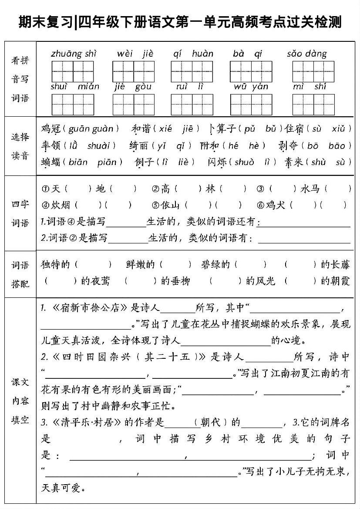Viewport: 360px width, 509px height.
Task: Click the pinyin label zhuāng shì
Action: click(x=74, y=54)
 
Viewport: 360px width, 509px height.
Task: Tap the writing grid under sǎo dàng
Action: click(x=313, y=71)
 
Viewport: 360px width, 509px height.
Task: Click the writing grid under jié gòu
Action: click(x=133, y=104)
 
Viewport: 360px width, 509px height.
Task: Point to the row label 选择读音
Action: click(x=20, y=146)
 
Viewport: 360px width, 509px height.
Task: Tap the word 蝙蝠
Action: click(x=50, y=162)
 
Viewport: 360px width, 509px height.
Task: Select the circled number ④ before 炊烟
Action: click(x=45, y=205)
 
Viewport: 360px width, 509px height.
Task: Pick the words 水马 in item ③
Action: click(x=310, y=189)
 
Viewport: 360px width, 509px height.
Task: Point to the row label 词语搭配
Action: click(x=20, y=274)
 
